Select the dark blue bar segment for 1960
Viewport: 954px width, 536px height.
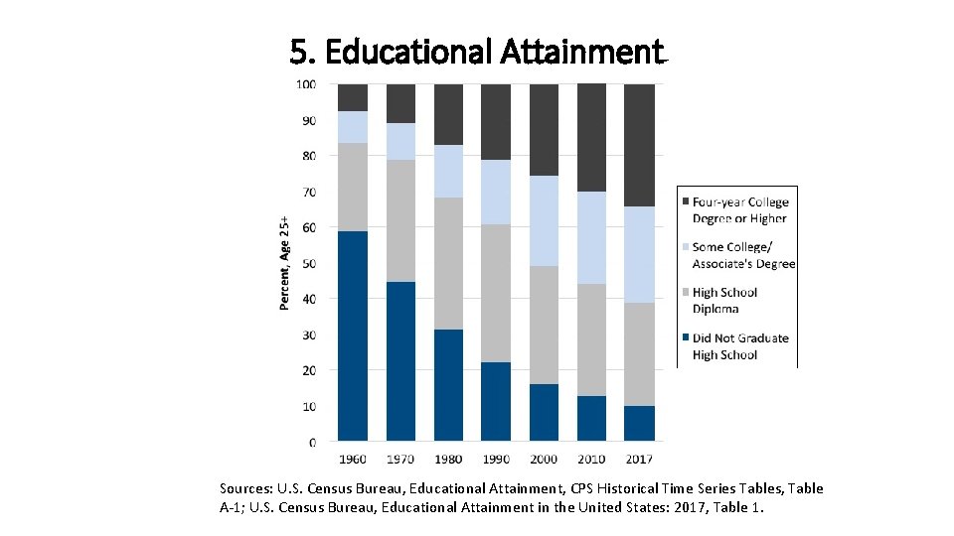353,335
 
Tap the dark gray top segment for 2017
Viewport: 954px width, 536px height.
640,145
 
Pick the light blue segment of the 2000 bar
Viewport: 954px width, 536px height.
544,220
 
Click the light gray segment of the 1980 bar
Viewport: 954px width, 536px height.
448,263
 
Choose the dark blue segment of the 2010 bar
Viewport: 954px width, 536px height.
591,418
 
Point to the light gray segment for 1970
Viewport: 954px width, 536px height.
400,220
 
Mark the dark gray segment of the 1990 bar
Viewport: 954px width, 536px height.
496,121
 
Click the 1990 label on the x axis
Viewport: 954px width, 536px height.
496,460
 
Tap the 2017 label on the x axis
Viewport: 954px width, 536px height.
640,460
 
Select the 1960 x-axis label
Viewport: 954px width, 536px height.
353,460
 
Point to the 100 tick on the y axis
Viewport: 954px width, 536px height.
307,84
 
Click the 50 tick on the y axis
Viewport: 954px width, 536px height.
309,263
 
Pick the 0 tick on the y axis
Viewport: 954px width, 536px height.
312,442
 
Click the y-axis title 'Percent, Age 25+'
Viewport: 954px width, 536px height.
285,263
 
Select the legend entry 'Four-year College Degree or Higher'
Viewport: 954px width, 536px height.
739,210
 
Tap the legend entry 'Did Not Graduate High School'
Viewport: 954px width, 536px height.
739,346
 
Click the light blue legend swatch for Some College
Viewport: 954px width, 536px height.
684,247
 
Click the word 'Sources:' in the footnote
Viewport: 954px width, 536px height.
243,488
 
